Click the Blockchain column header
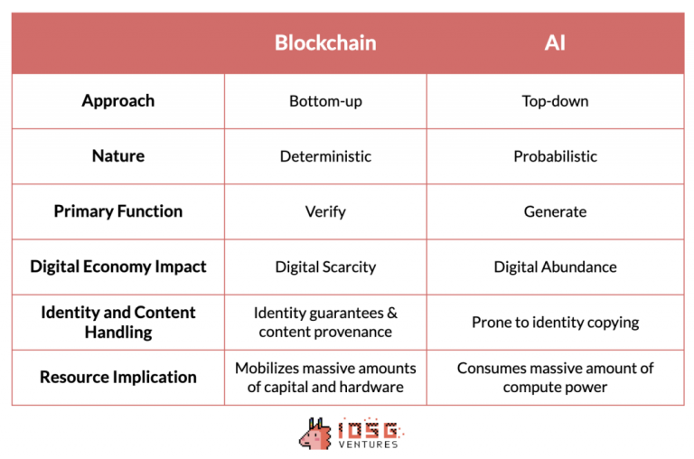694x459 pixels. [325, 42]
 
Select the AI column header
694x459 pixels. [555, 42]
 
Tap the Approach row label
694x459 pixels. [117, 100]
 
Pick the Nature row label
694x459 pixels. [117, 156]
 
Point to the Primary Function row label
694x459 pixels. [117, 211]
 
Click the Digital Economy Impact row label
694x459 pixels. [117, 267]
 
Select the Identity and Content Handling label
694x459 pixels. [117, 322]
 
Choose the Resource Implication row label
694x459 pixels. [117, 377]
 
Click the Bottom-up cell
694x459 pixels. [325, 101]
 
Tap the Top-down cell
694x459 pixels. [555, 101]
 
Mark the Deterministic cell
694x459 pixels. [325, 156]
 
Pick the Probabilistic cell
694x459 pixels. [555, 156]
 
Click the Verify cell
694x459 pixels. [325, 211]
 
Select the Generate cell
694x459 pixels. [555, 211]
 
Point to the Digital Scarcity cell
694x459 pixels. [325, 267]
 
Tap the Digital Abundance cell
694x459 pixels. [555, 267]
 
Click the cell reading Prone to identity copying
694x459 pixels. [555, 323]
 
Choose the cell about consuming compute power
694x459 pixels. [555, 377]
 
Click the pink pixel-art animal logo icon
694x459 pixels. [314, 434]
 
